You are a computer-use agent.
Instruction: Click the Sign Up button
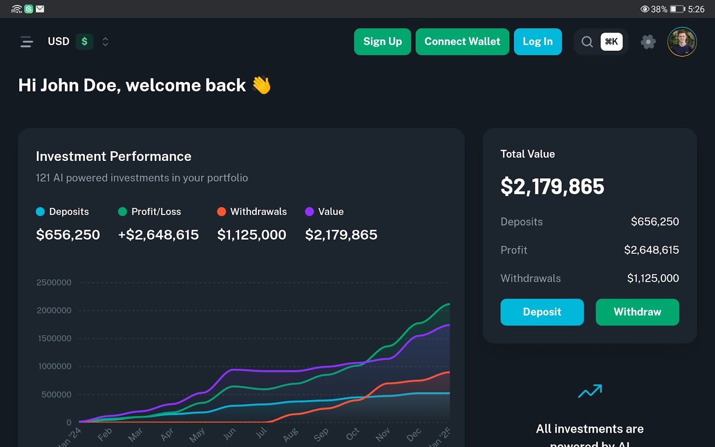(x=382, y=42)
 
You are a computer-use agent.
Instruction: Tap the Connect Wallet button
(x=462, y=42)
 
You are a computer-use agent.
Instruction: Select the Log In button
(x=538, y=42)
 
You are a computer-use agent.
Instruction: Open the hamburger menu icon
(x=27, y=42)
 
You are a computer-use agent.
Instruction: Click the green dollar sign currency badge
(x=84, y=42)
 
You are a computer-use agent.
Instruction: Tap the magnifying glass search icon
(x=587, y=42)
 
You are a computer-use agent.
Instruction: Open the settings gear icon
(x=648, y=42)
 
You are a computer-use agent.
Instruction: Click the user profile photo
(x=682, y=42)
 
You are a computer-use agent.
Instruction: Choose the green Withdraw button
(x=637, y=312)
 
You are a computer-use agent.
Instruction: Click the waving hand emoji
(x=261, y=85)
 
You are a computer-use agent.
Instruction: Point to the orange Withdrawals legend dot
(x=221, y=211)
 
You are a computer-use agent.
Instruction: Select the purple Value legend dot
(x=309, y=211)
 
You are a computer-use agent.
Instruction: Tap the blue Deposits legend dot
(x=40, y=211)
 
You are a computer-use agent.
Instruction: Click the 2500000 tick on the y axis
(x=54, y=283)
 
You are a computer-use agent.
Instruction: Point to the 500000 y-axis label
(x=56, y=394)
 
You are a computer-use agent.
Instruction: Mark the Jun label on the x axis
(x=229, y=434)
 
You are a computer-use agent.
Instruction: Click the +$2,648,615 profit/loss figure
(x=158, y=235)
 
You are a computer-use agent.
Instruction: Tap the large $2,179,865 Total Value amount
(x=552, y=186)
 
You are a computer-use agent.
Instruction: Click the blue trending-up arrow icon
(x=590, y=391)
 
